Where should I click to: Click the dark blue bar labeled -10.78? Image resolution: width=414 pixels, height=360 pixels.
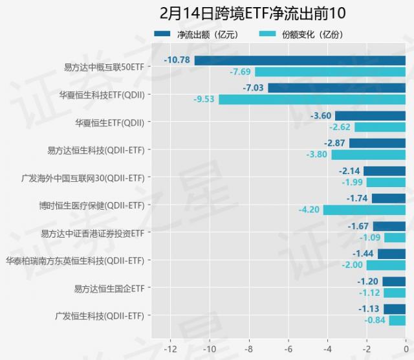click(300, 60)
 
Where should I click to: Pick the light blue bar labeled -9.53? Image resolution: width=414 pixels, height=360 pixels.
click(312, 100)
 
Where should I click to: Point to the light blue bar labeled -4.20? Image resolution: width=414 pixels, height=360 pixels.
click(364, 210)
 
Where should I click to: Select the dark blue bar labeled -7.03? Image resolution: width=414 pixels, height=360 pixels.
click(336, 88)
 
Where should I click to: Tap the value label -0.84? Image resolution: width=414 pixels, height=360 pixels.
click(375, 321)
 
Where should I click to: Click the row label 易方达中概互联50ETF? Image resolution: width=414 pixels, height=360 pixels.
click(104, 67)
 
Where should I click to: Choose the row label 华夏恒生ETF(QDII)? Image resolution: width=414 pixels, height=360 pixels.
click(109, 122)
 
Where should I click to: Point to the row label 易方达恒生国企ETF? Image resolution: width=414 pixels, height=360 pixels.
click(109, 288)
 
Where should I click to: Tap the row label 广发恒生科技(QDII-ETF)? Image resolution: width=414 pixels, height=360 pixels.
click(100, 316)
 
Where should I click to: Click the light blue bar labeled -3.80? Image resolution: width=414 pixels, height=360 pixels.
click(368, 155)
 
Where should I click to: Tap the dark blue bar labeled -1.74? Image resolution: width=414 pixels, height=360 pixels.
click(388, 199)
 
